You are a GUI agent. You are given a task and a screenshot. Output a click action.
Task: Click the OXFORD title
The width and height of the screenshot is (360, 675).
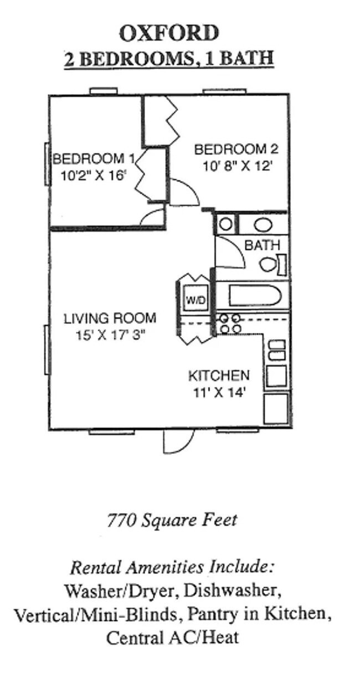click(x=169, y=34)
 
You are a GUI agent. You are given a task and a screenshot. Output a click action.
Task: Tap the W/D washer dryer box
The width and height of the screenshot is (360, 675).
click(x=195, y=300)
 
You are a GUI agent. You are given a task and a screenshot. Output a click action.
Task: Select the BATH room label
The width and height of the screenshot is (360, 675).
click(x=262, y=245)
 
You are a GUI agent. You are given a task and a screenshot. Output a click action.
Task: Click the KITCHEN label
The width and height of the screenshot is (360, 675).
click(x=219, y=375)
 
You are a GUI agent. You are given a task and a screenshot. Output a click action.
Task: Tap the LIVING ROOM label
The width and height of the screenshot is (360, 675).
click(x=109, y=318)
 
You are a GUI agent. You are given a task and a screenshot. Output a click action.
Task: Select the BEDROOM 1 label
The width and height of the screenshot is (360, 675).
click(x=89, y=159)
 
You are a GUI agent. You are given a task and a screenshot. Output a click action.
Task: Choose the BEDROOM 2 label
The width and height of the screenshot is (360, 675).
click(x=235, y=149)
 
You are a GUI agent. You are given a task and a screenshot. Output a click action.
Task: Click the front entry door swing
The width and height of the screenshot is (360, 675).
click(x=178, y=441)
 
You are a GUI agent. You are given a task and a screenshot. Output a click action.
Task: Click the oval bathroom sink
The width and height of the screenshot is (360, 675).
click(x=264, y=224)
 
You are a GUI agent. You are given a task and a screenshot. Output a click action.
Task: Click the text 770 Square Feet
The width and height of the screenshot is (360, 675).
click(x=171, y=520)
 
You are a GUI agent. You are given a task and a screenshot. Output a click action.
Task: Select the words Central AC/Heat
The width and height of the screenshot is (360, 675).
click(x=172, y=637)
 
